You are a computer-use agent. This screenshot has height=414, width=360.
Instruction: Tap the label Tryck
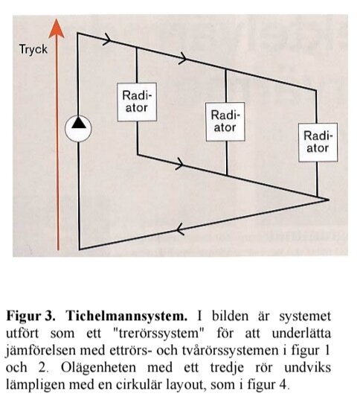[33, 50]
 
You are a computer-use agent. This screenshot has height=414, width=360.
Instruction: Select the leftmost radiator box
[137, 100]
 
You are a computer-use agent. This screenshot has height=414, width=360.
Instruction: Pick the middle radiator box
[225, 121]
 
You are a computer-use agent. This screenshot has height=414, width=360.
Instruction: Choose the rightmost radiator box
[318, 141]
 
